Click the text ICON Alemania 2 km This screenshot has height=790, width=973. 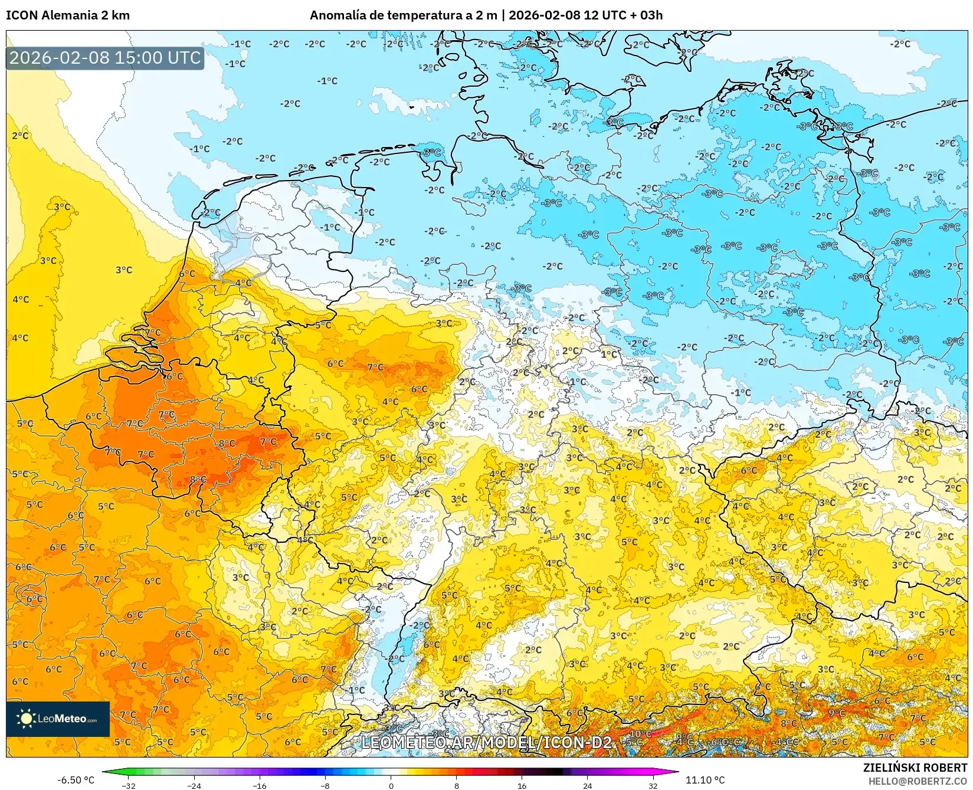point(68,15)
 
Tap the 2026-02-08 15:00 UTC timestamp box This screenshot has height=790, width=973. point(105,58)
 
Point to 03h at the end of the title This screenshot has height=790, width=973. point(651,15)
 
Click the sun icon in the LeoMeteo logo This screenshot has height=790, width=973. point(26,719)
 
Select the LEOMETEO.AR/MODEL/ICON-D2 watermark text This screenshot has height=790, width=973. point(486,742)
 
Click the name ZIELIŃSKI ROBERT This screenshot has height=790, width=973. point(915,768)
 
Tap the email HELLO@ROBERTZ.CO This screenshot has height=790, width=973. point(918,781)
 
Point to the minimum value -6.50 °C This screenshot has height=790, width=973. point(76,780)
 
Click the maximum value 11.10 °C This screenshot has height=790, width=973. point(705,780)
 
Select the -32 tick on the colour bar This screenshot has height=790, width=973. point(128,785)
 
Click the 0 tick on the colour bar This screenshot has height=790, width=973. point(391,785)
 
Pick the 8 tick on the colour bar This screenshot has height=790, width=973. point(456,785)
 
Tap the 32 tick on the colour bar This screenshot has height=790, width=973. point(653,785)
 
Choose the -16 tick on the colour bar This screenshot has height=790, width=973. point(260,785)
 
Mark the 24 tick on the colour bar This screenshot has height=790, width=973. point(587,785)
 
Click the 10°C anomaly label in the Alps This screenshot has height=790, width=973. point(641,734)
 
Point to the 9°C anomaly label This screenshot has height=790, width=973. point(837,713)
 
